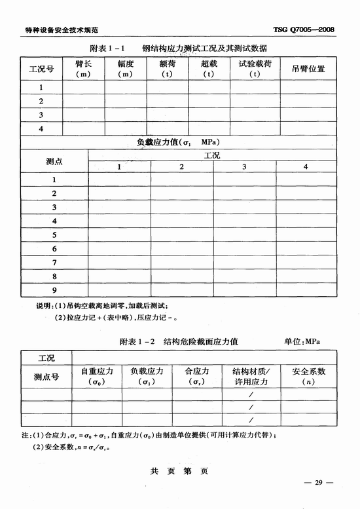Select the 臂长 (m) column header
(x=83, y=69)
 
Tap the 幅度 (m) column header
(x=126, y=69)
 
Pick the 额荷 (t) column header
(x=168, y=69)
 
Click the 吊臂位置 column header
(x=308, y=69)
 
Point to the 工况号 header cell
(x=42, y=69)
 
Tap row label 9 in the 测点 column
(x=54, y=290)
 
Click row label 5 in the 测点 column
(x=54, y=235)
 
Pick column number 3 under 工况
(x=244, y=167)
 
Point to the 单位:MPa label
(x=306, y=341)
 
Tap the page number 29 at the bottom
(x=319, y=483)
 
